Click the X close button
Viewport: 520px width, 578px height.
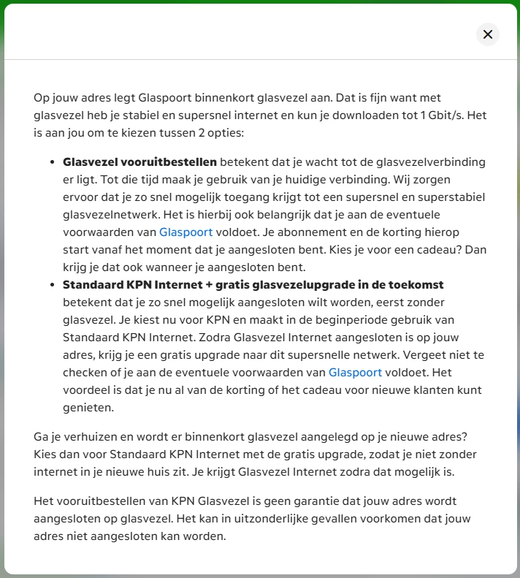488,34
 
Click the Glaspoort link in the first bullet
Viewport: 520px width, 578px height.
186,232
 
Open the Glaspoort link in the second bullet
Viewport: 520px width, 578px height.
355,372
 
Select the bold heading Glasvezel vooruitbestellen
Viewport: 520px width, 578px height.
139,162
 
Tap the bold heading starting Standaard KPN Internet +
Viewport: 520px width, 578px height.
253,285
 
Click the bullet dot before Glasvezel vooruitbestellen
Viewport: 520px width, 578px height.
53,162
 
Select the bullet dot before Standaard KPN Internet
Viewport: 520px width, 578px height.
53,285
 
